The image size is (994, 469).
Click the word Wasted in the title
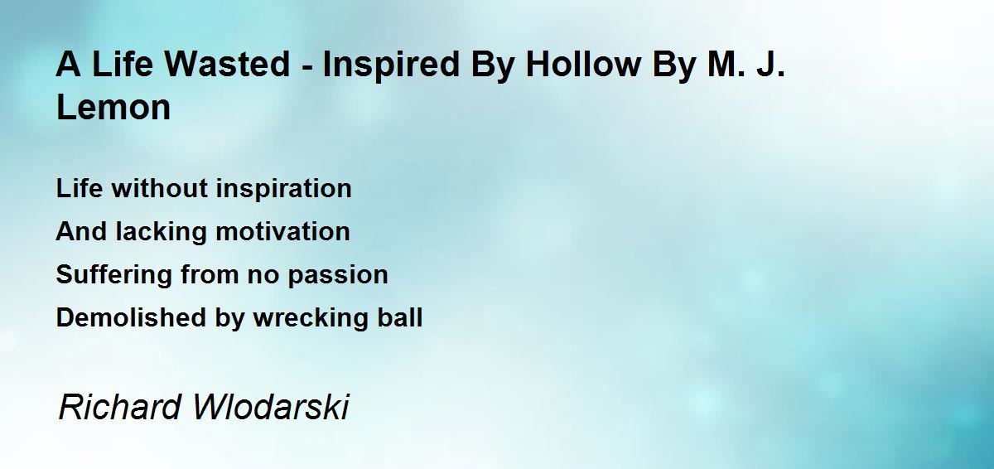click(x=227, y=64)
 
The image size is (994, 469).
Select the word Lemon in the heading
click(x=113, y=107)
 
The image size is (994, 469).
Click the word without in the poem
click(x=160, y=188)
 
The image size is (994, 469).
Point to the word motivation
click(x=282, y=231)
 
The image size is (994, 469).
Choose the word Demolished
click(x=132, y=317)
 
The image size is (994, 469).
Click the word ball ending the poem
click(x=400, y=317)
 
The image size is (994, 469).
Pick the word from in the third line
click(x=210, y=274)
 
